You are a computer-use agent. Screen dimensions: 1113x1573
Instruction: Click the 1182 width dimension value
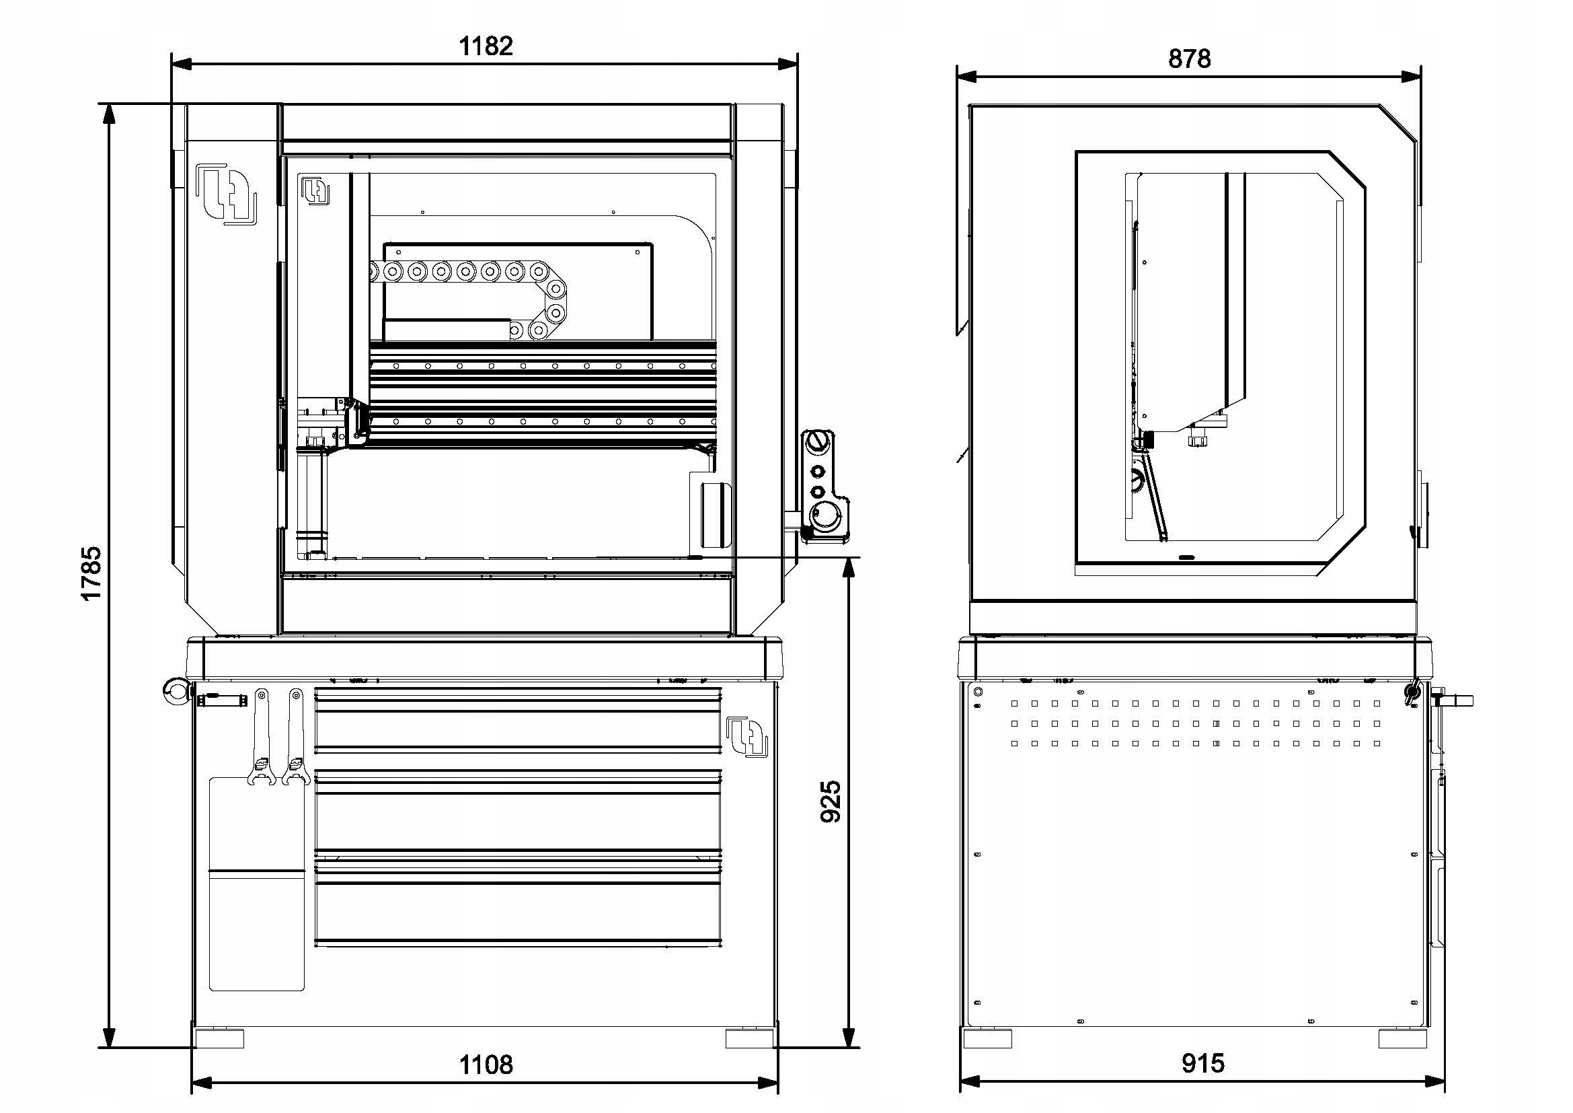[x=485, y=46]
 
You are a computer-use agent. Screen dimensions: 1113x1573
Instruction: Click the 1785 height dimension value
[x=91, y=573]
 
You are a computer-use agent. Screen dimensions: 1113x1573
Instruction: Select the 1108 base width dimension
[x=485, y=1065]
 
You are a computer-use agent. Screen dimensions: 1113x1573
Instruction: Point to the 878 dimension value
[x=1190, y=59]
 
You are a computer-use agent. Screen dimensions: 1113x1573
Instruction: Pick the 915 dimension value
[x=1202, y=1063]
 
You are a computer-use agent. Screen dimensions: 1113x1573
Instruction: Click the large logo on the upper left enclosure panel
[x=226, y=192]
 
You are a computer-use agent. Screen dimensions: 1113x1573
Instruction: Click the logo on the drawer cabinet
[x=746, y=737]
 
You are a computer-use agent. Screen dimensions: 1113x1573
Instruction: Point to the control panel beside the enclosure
[x=825, y=487]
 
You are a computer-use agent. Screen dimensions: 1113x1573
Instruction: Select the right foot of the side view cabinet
[x=1402, y=1038]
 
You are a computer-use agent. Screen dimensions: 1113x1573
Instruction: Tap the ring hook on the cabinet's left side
[x=176, y=691]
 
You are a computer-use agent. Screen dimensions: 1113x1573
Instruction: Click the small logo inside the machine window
[x=316, y=190]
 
